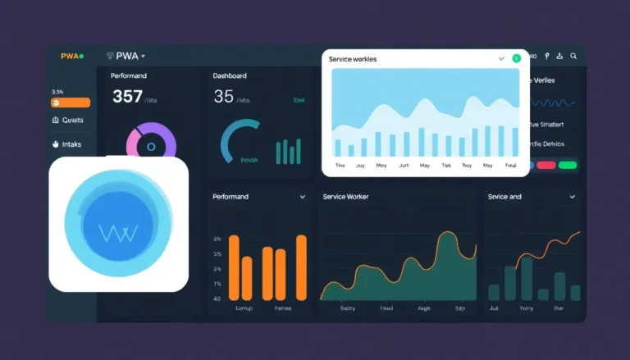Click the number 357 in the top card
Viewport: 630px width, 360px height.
click(127, 97)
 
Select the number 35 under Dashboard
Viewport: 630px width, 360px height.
click(223, 97)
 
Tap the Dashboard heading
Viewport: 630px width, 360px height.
click(230, 75)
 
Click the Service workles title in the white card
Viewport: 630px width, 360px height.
click(358, 60)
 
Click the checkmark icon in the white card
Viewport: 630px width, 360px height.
click(501, 59)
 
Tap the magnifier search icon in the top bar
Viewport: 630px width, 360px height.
click(573, 56)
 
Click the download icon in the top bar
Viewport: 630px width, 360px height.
click(559, 56)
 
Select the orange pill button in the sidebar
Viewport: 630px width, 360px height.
click(71, 103)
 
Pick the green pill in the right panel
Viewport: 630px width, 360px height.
click(567, 165)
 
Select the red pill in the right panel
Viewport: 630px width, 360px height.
click(546, 165)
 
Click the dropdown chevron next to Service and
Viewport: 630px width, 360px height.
click(572, 198)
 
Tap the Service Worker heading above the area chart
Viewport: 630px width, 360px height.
click(346, 197)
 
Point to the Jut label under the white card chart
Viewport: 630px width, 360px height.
click(403, 165)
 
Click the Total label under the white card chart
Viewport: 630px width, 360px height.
click(511, 165)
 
